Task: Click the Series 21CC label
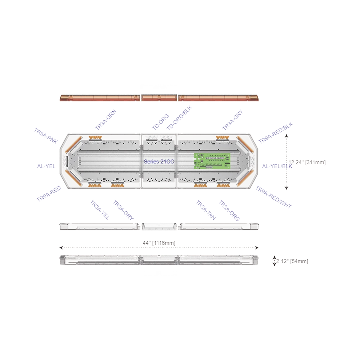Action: coord(159,162)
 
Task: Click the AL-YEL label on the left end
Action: coord(46,167)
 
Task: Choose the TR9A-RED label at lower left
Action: coord(49,193)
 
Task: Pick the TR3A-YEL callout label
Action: coord(99,210)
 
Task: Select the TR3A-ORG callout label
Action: coord(229,211)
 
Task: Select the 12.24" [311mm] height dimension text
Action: coord(307,163)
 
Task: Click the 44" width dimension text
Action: coord(159,243)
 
